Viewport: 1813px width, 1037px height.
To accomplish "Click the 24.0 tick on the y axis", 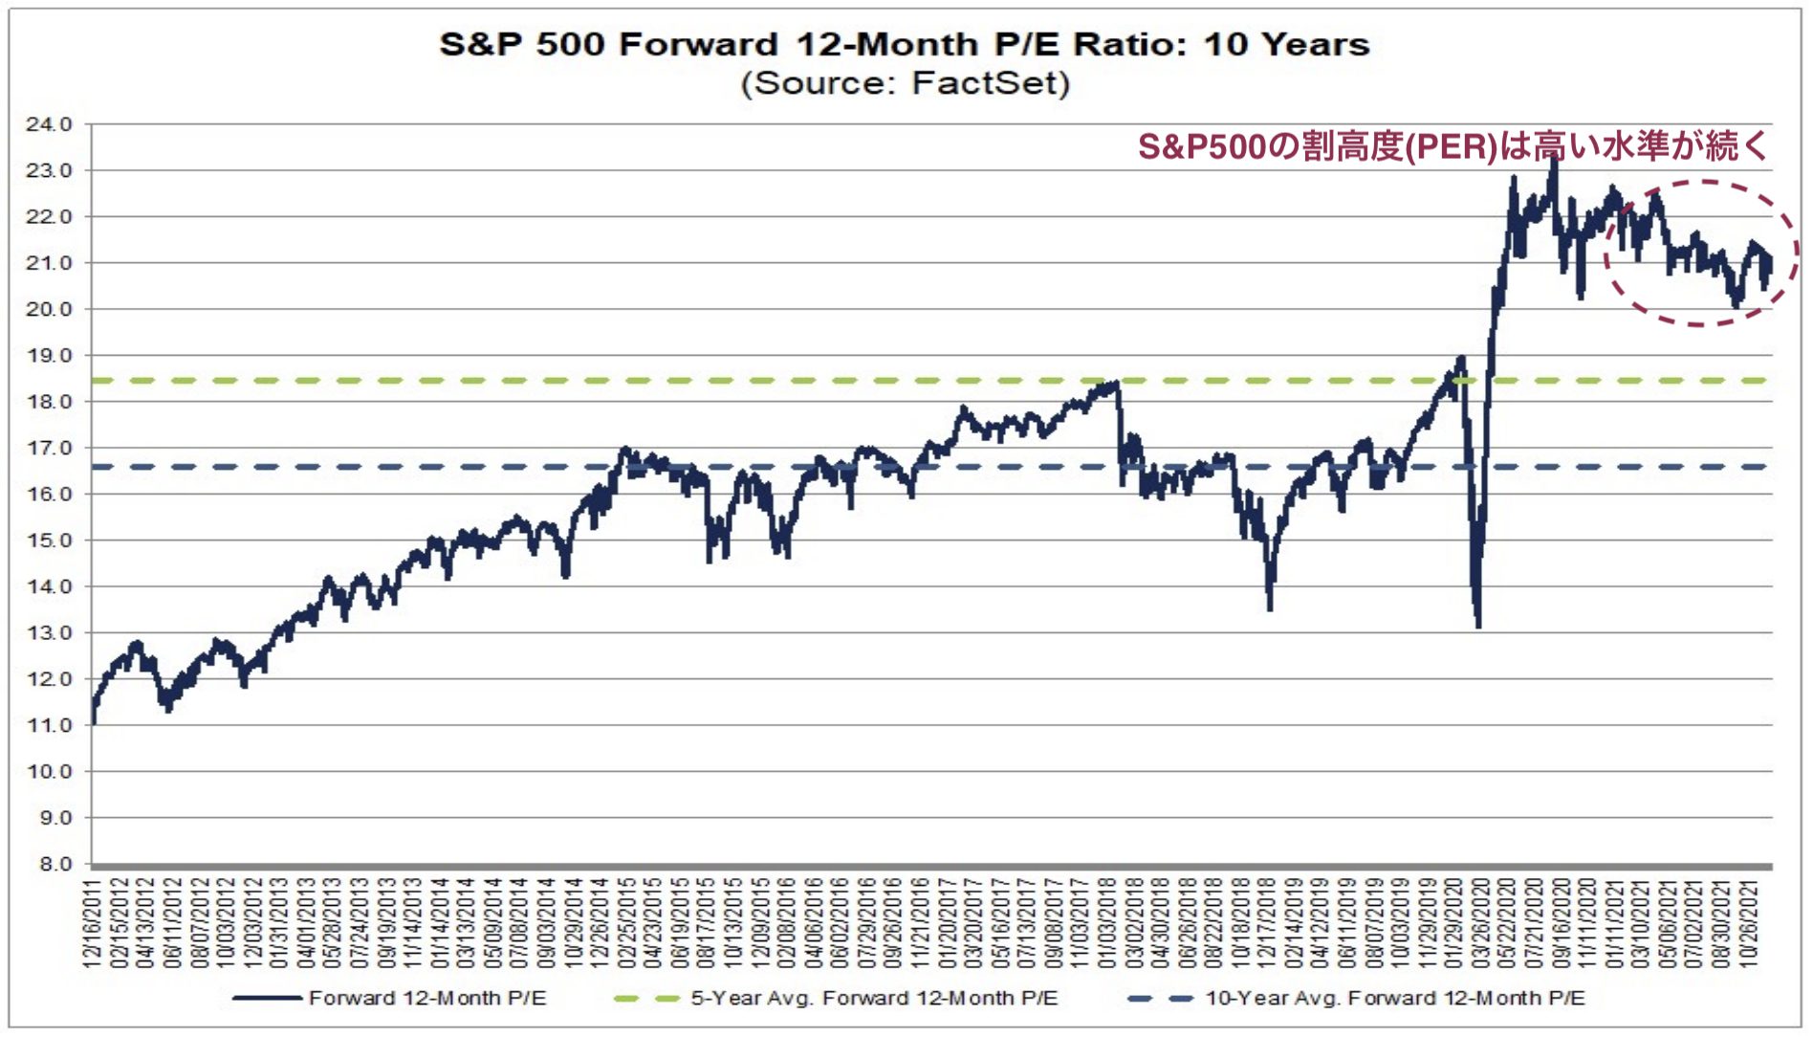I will pyautogui.click(x=49, y=124).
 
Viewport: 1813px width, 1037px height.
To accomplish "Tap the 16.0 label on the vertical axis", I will pyautogui.click(x=49, y=494).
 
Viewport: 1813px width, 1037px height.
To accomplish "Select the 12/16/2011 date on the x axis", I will pyautogui.click(x=94, y=923).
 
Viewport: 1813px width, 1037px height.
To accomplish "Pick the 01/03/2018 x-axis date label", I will pyautogui.click(x=1108, y=923).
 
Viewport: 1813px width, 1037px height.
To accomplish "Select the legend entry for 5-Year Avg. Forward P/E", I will pyautogui.click(x=873, y=998).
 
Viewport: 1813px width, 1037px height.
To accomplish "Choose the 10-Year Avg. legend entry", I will pyautogui.click(x=1394, y=998).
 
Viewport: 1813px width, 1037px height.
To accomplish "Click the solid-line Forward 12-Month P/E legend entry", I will pyautogui.click(x=426, y=998).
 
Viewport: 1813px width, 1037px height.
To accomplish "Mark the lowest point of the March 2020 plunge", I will pyautogui.click(x=1478, y=626).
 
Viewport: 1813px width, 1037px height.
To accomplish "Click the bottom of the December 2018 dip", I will pyautogui.click(x=1269, y=608).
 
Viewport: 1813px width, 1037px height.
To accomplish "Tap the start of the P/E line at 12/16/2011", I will pyautogui.click(x=93, y=722).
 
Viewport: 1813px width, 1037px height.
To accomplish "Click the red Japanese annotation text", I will pyautogui.click(x=1452, y=146).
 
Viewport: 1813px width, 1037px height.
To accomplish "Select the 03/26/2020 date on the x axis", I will pyautogui.click(x=1482, y=923).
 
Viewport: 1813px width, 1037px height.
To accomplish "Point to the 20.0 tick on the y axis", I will pyautogui.click(x=49, y=309).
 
